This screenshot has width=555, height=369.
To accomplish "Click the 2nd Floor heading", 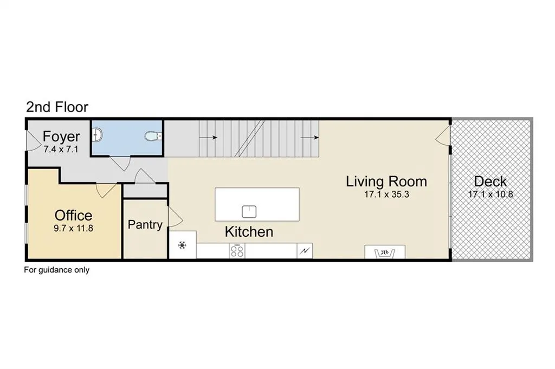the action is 57,107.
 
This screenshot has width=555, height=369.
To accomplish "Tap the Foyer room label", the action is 61,136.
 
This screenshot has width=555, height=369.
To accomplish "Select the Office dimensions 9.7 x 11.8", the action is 73,228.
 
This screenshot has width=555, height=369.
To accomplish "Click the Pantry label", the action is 145,225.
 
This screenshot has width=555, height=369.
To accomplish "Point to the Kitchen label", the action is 249,232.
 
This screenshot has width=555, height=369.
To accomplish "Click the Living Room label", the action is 386,182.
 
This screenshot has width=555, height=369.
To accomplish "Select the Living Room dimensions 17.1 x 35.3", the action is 386,194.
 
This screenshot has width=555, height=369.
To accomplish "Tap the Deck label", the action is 490,182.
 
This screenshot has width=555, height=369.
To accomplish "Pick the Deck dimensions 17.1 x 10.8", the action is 490,194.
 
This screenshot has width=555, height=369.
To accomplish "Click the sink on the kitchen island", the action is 249,211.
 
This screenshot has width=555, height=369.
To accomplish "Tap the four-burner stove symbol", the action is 237,251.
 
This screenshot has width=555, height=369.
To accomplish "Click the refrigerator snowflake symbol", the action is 182,245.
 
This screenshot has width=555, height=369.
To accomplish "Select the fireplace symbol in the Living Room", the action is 385,253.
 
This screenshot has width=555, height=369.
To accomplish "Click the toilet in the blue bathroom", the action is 153,136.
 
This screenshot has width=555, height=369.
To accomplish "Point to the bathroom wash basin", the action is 98,135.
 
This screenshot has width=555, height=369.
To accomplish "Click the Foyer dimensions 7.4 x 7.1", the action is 61,150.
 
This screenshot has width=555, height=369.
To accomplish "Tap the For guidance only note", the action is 56,270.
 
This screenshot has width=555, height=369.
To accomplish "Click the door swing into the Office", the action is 106,190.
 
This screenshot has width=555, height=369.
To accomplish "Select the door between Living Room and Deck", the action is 442,136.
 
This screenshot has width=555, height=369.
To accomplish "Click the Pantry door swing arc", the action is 175,217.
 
